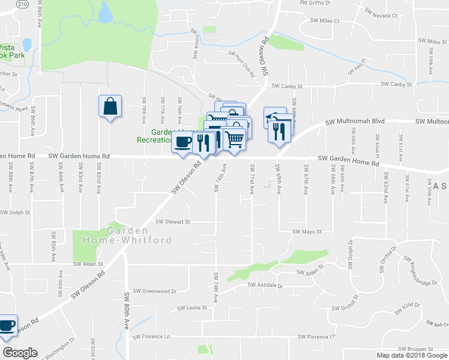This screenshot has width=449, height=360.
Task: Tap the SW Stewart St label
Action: coord(173,221)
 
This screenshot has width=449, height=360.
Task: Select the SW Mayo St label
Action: coord(307,232)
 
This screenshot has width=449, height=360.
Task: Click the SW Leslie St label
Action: coord(192,308)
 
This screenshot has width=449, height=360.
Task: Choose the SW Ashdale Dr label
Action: coord(265,286)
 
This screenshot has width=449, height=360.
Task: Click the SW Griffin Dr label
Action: coord(316,2)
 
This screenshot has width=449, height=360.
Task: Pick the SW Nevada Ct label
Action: coord(382,15)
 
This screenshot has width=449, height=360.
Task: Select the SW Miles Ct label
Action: coord(325,21)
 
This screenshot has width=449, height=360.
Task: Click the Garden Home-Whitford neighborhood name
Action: coord(140,235)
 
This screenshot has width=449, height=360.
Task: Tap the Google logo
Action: coord(20,353)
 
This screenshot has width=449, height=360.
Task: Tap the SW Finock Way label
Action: coord(196,42)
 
